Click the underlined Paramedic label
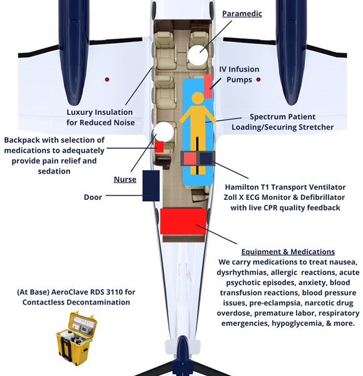click(242, 14)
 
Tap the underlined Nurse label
click(125, 179)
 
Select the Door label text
click(93, 197)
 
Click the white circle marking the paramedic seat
click(198, 55)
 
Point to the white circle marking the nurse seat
click(163, 132)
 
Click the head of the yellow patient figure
click(198, 98)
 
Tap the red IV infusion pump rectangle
click(208, 86)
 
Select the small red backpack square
click(159, 147)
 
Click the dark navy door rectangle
click(151, 186)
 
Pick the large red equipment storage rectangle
click(183, 221)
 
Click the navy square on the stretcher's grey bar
click(206, 159)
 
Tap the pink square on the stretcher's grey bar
click(190, 159)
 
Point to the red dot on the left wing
click(107, 80)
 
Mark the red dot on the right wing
click(258, 80)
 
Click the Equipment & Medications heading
click(288, 252)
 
